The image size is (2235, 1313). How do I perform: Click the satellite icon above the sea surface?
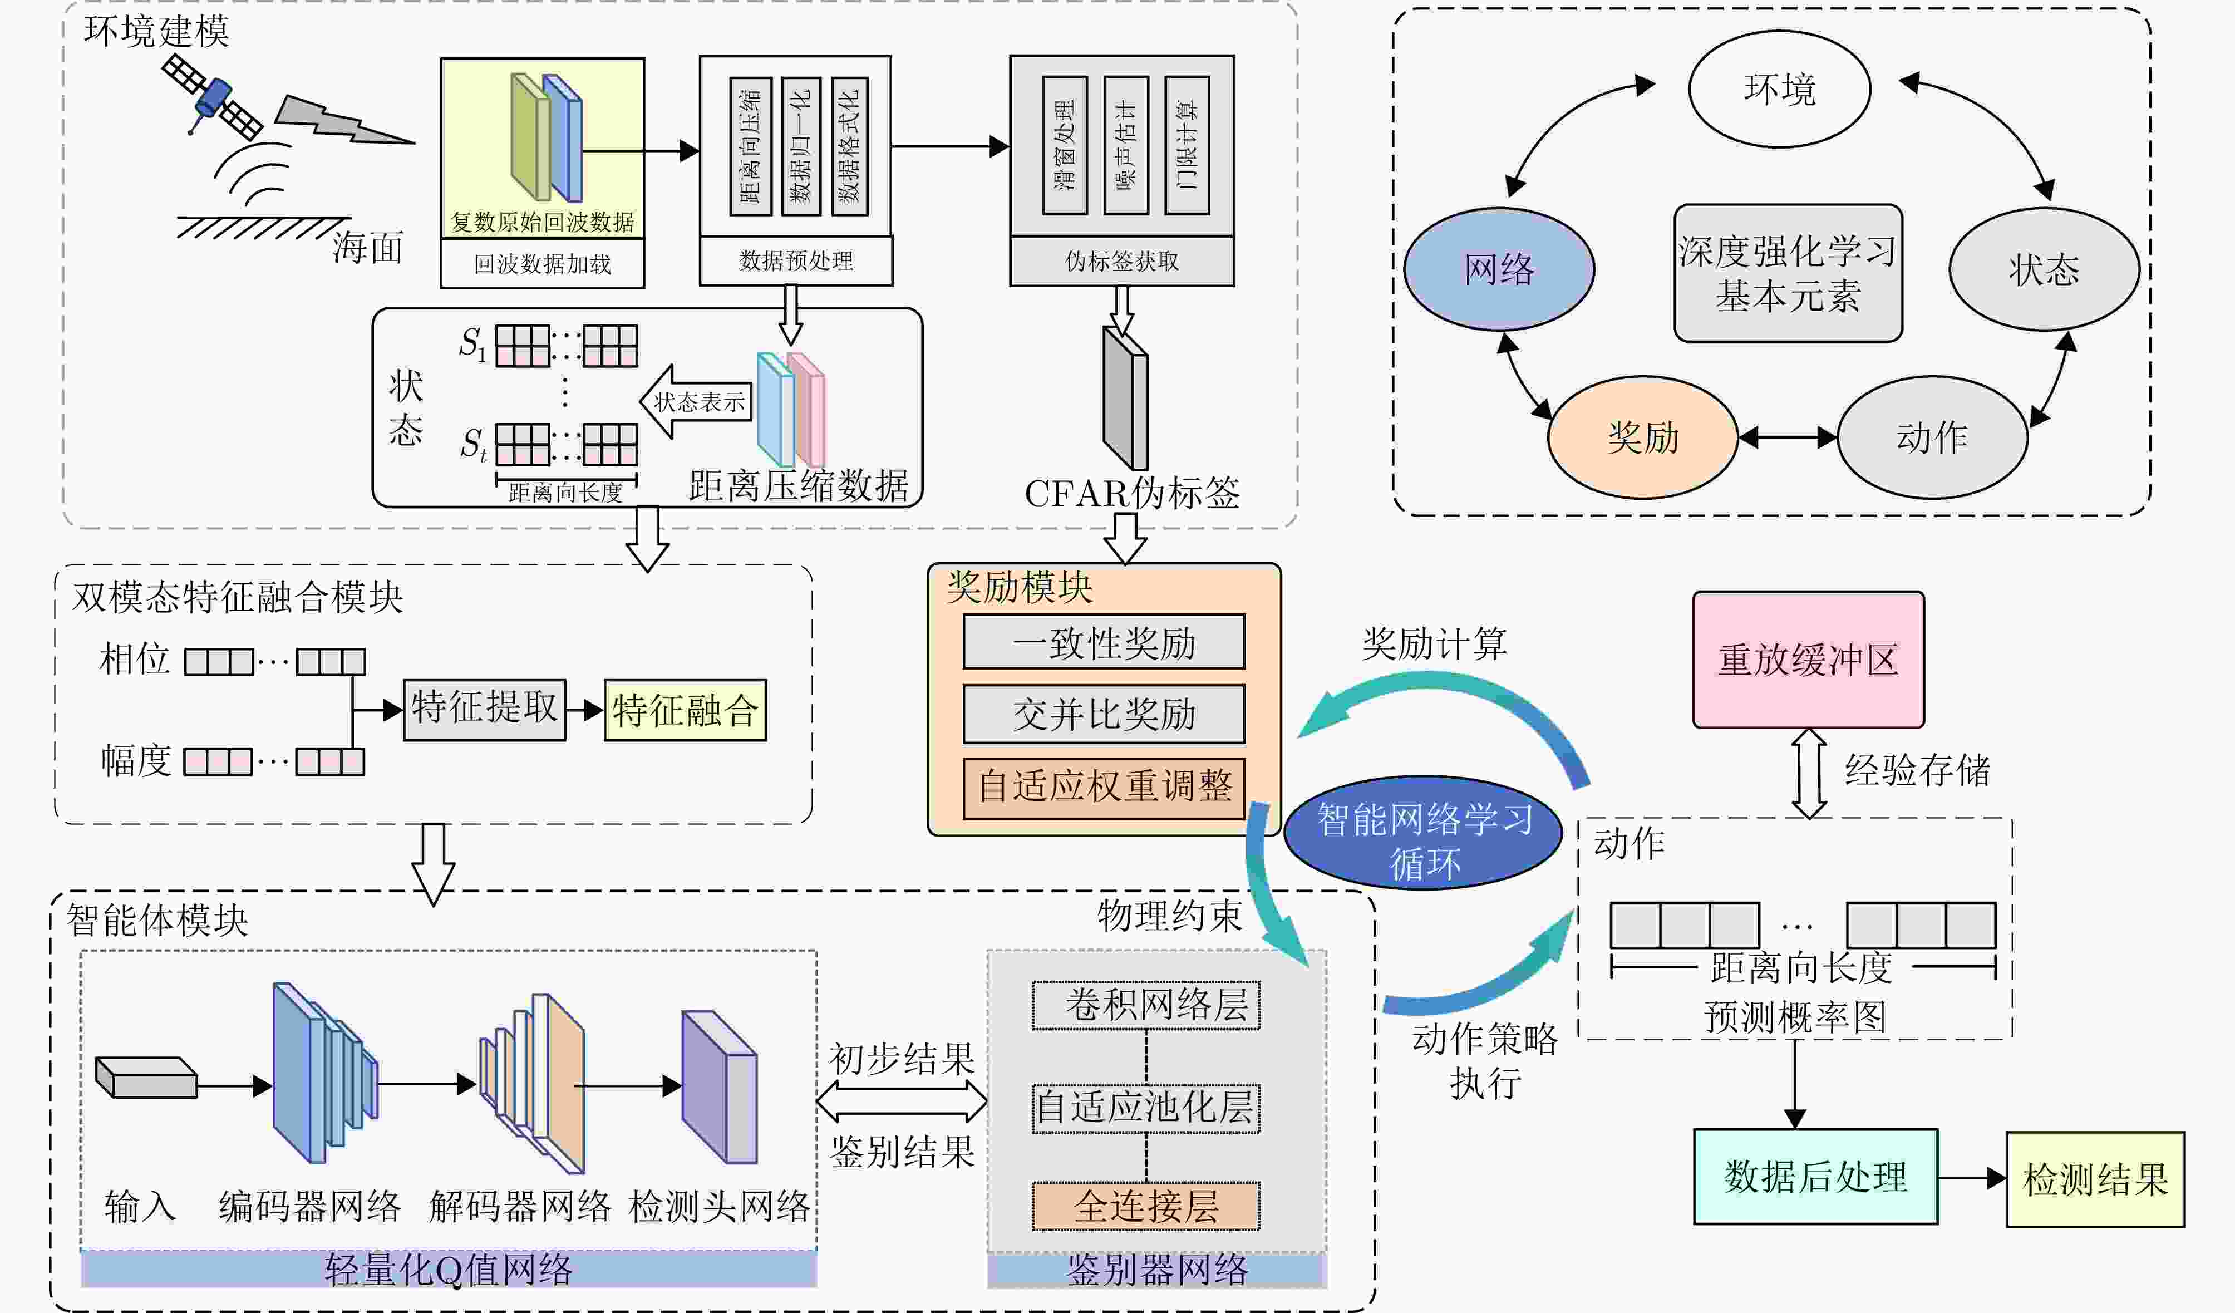point(212,97)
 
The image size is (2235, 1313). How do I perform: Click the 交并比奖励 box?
point(1104,714)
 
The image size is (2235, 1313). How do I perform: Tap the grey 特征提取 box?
point(484,709)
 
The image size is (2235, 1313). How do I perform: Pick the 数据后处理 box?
point(1815,1177)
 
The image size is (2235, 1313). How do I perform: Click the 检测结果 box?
point(2095,1179)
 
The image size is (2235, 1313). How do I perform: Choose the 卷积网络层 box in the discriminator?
point(1146,1005)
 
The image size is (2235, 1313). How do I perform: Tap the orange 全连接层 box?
point(1146,1206)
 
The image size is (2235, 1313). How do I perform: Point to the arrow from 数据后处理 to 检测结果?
point(1971,1178)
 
